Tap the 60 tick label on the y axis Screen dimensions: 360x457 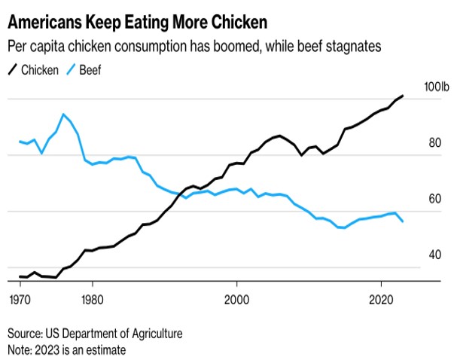click(435, 200)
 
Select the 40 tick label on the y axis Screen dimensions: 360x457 click(435, 255)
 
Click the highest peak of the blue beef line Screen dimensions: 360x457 click(63, 114)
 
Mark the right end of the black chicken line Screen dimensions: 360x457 click(403, 96)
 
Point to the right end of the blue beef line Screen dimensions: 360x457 click(403, 221)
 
